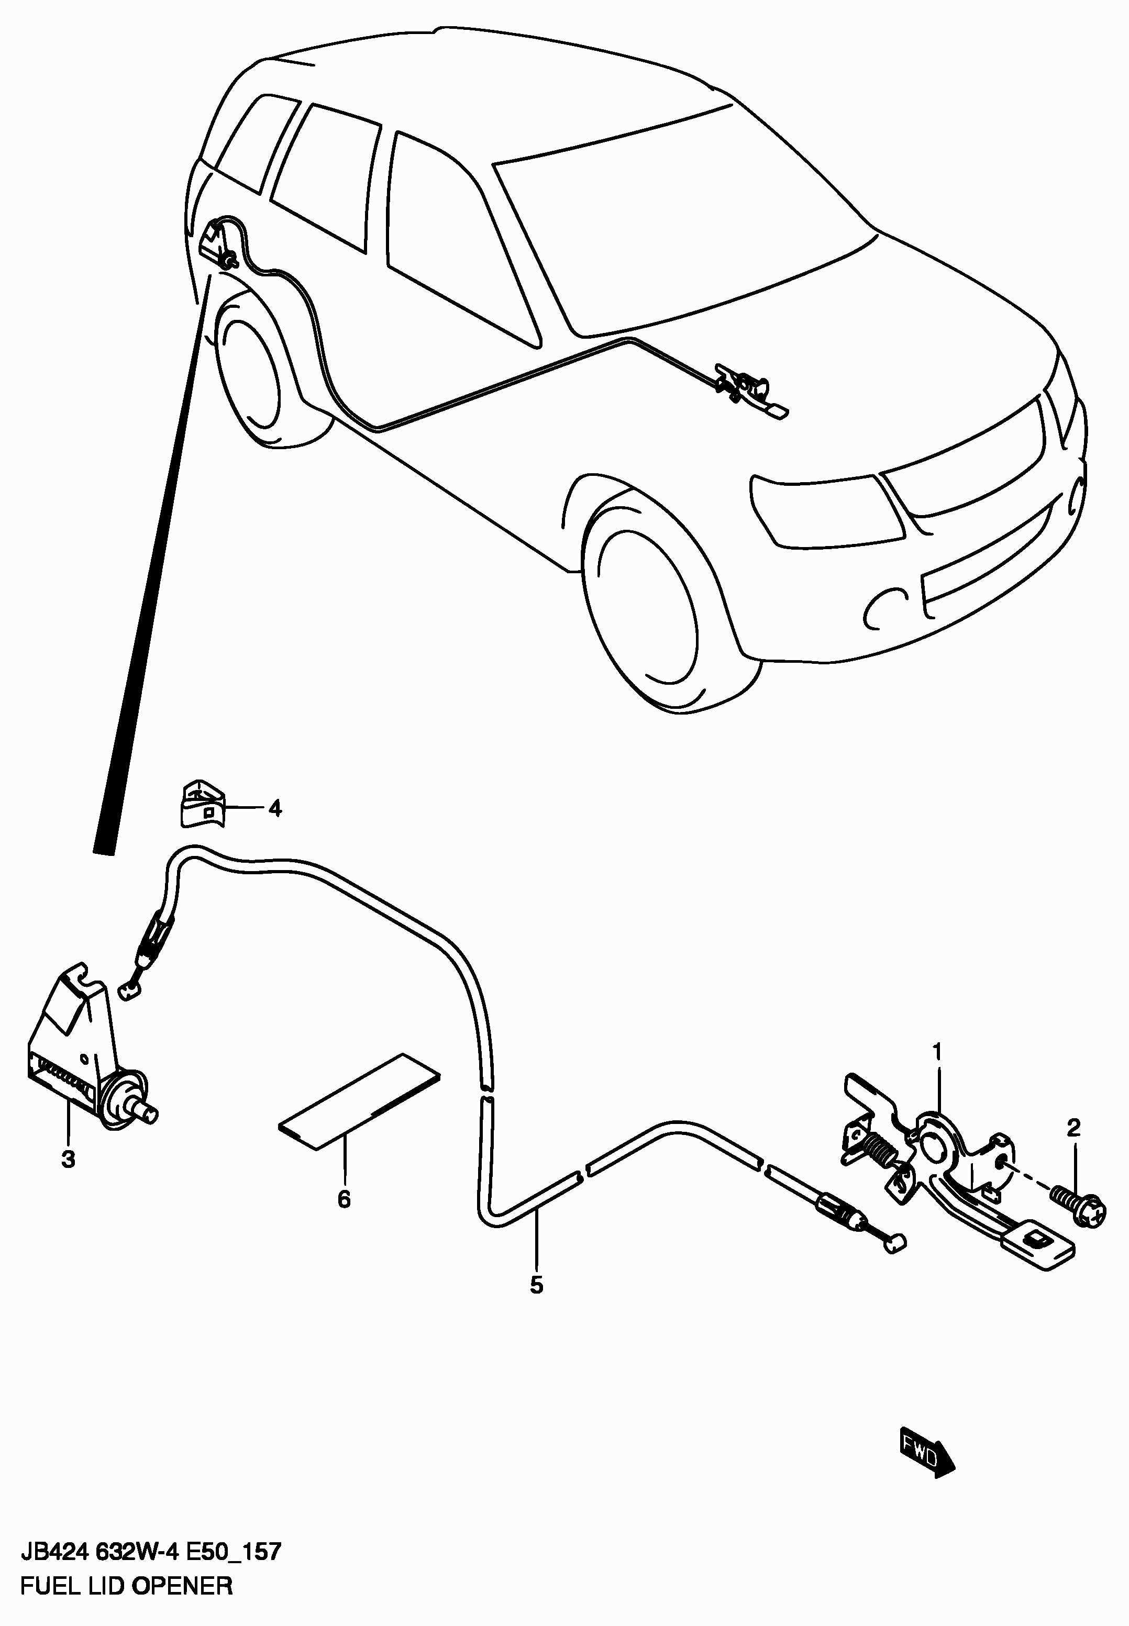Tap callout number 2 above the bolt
pos(1074,1128)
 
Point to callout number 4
pos(274,808)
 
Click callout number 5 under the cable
pos(536,1284)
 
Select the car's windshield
pos(679,226)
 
